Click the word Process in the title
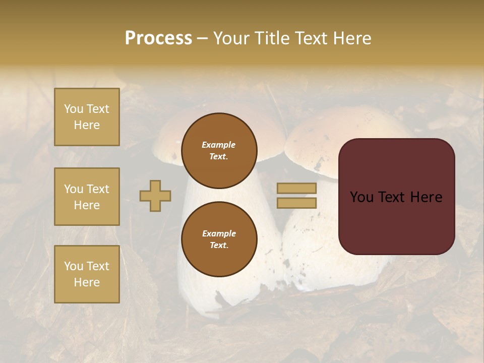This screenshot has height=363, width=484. (158, 38)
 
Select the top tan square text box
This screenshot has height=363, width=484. (87, 117)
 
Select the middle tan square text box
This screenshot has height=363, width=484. (87, 197)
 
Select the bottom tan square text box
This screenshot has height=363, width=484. (87, 274)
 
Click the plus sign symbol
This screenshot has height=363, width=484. (155, 196)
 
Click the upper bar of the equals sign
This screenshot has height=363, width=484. (296, 188)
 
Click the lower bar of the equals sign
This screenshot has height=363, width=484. (296, 203)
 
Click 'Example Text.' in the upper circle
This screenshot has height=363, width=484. (219, 150)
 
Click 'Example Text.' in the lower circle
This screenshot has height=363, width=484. (219, 239)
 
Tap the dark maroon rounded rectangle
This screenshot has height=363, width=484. (396, 222)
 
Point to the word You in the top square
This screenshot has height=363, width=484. (74, 109)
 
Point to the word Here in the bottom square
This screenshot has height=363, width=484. (87, 282)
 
